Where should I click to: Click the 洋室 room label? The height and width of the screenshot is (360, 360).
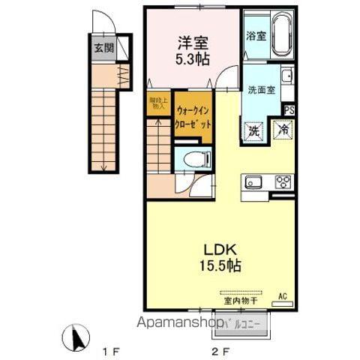[193, 43]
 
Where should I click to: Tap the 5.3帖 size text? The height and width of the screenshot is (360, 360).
[193, 58]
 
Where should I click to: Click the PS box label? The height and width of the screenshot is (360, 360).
[287, 110]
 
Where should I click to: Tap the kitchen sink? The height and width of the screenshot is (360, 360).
[252, 181]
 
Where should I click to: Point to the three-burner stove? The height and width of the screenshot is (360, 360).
[282, 181]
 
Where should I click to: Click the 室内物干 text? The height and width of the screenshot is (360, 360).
[238, 301]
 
